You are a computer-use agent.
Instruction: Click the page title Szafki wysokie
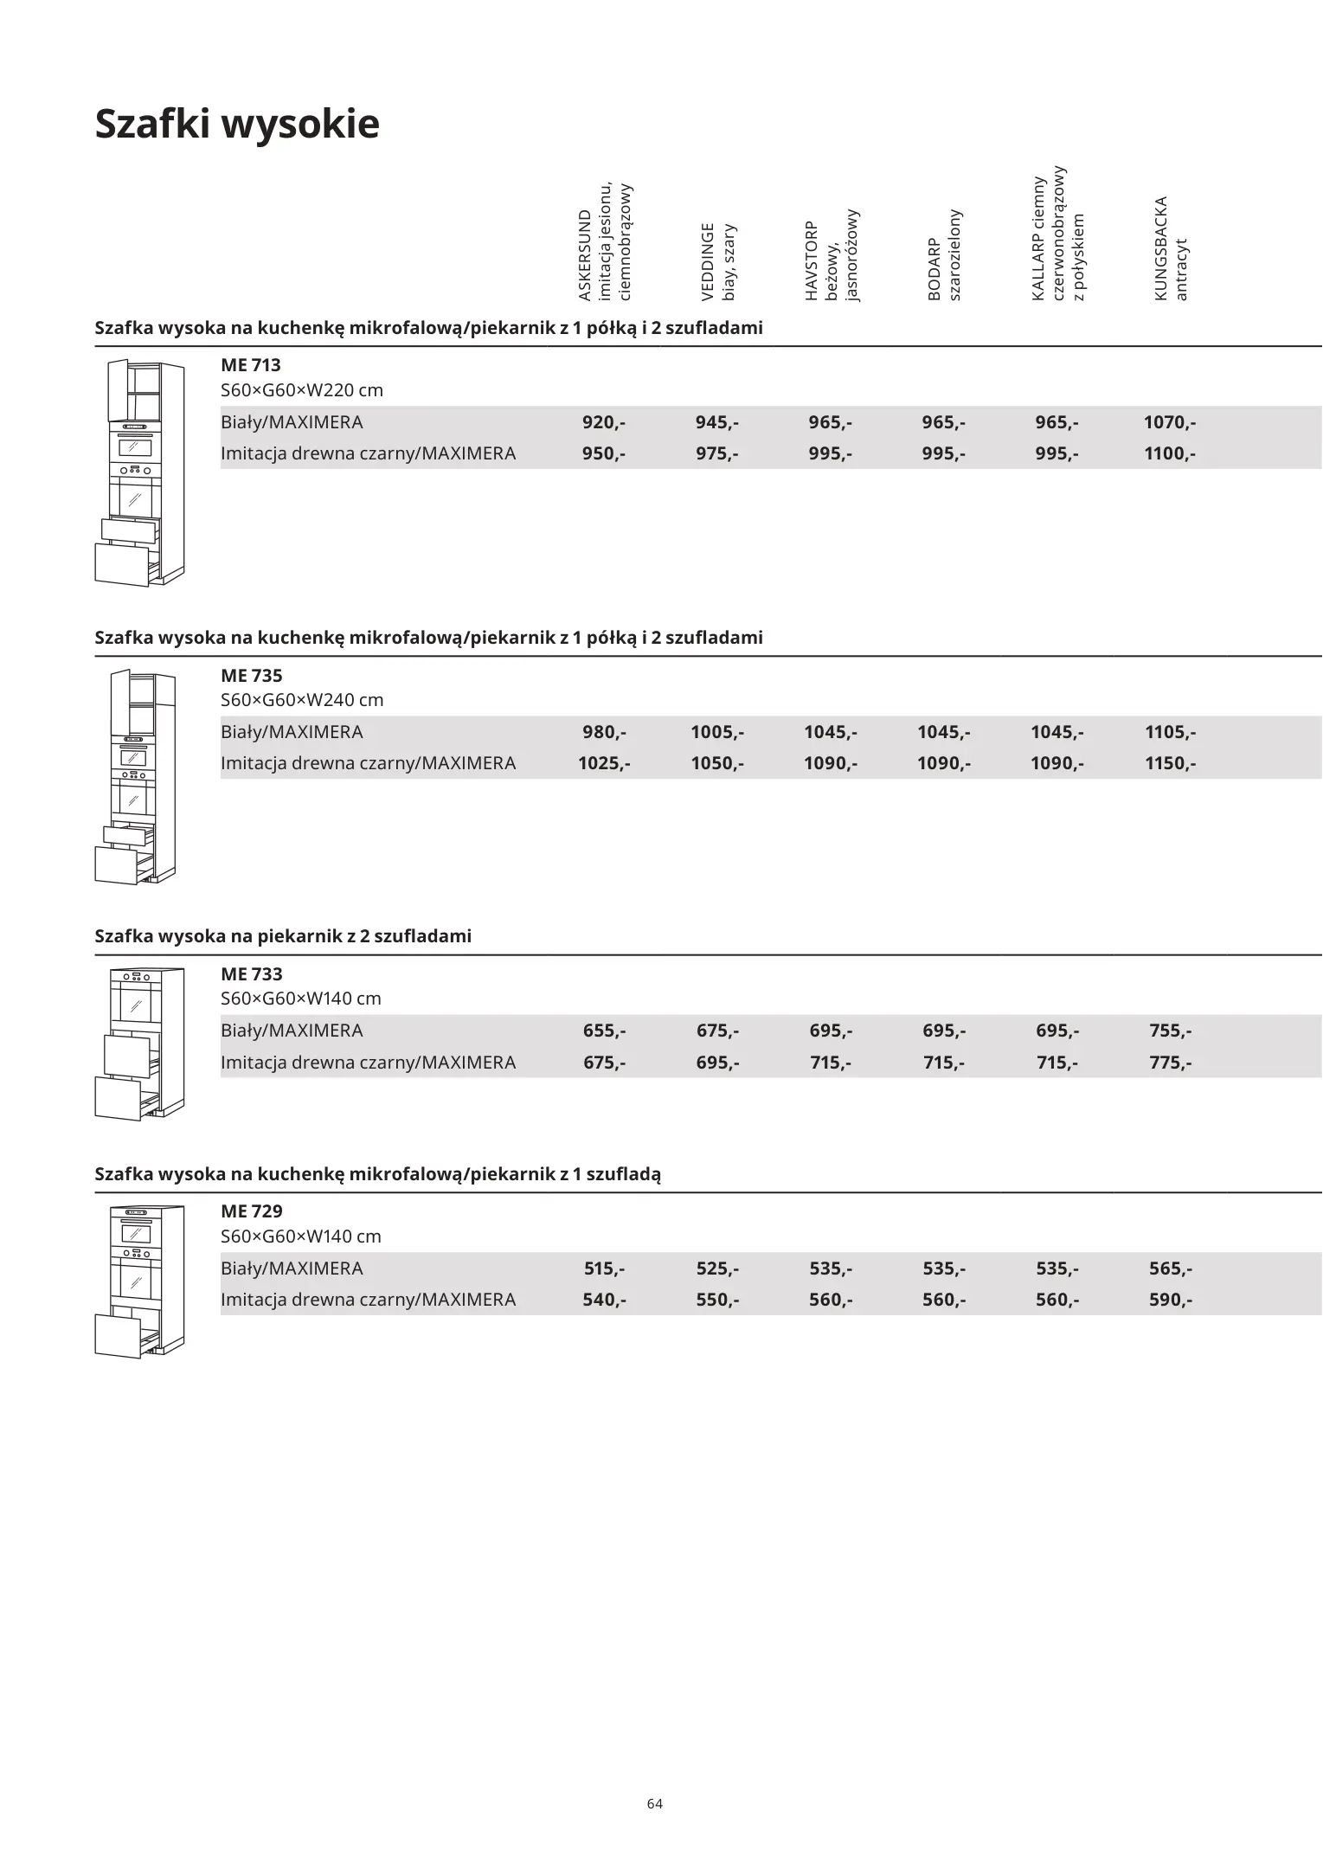click(x=236, y=124)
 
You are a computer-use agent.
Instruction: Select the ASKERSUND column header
click(x=605, y=243)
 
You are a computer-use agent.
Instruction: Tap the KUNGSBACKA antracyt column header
click(x=1171, y=249)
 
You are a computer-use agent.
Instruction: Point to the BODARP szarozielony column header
click(x=944, y=255)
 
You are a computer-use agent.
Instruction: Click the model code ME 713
click(x=251, y=365)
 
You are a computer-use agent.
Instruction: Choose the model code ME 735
click(x=252, y=675)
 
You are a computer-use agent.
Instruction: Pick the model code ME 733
click(x=252, y=973)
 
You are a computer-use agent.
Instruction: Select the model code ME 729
click(x=252, y=1211)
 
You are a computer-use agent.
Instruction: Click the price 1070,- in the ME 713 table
click(x=1170, y=422)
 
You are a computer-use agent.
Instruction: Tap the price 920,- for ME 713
click(x=604, y=422)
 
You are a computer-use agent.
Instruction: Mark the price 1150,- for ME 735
click(x=1170, y=763)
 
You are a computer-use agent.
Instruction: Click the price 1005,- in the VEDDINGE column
click(x=717, y=732)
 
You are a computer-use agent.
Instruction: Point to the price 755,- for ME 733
click(x=1170, y=1031)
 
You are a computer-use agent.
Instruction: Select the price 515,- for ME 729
click(x=604, y=1268)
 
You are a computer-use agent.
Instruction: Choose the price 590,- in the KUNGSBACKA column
click(x=1170, y=1300)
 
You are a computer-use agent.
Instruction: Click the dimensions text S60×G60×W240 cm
click(x=302, y=700)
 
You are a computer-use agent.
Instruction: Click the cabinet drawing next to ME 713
click(x=139, y=472)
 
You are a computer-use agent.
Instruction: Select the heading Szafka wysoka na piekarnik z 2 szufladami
click(x=283, y=936)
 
